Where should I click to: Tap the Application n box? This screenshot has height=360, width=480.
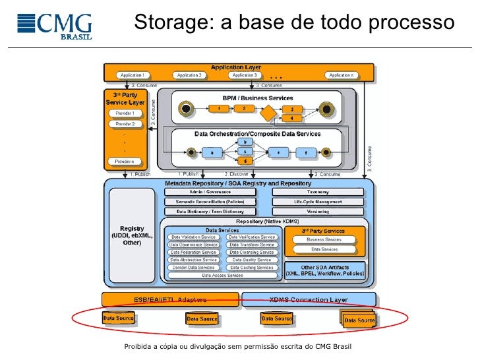342,75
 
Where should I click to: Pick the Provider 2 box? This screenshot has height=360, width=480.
125,124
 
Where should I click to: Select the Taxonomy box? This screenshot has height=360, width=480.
318,192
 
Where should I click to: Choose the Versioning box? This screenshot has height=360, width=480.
318,212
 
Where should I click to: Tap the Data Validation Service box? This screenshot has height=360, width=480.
194,237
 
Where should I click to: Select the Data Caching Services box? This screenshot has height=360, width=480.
251,268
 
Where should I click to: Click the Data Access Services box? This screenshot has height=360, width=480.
222,276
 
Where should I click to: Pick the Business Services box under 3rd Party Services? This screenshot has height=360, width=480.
324,240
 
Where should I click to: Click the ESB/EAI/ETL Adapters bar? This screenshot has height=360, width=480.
170,299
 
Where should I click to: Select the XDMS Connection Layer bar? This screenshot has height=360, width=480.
309,299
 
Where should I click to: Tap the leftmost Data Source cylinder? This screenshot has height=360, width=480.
119,319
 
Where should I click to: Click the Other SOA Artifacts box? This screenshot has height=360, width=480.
324,270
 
